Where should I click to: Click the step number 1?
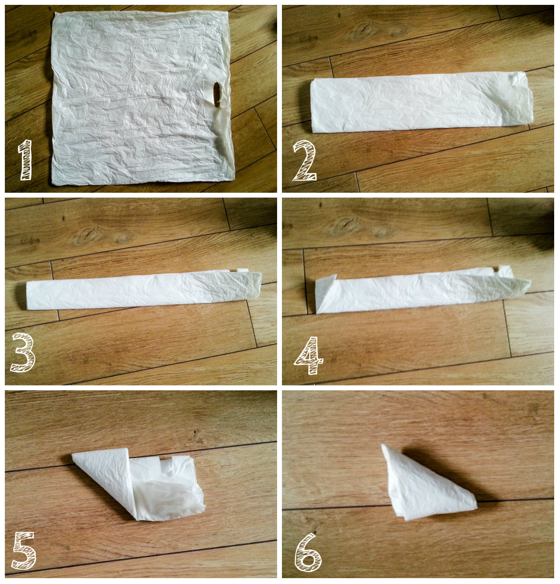pos(26,160)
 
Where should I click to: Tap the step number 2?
pos(305,161)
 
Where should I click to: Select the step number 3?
pos(23,352)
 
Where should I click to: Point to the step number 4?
pos(309,355)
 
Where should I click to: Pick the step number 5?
pos(24,551)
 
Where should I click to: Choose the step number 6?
pos(308,552)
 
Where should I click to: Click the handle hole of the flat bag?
pos(217,94)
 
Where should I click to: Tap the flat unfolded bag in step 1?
pos(142,98)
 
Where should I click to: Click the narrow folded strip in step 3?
pos(144,290)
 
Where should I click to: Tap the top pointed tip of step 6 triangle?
pos(382,445)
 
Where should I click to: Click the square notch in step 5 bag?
pos(166,462)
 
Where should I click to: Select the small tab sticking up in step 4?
pos(505,271)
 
